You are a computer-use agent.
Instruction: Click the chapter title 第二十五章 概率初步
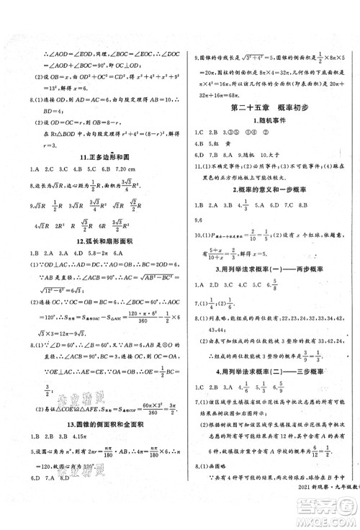click(x=269, y=107)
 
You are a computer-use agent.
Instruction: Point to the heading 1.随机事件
click(x=269, y=120)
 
